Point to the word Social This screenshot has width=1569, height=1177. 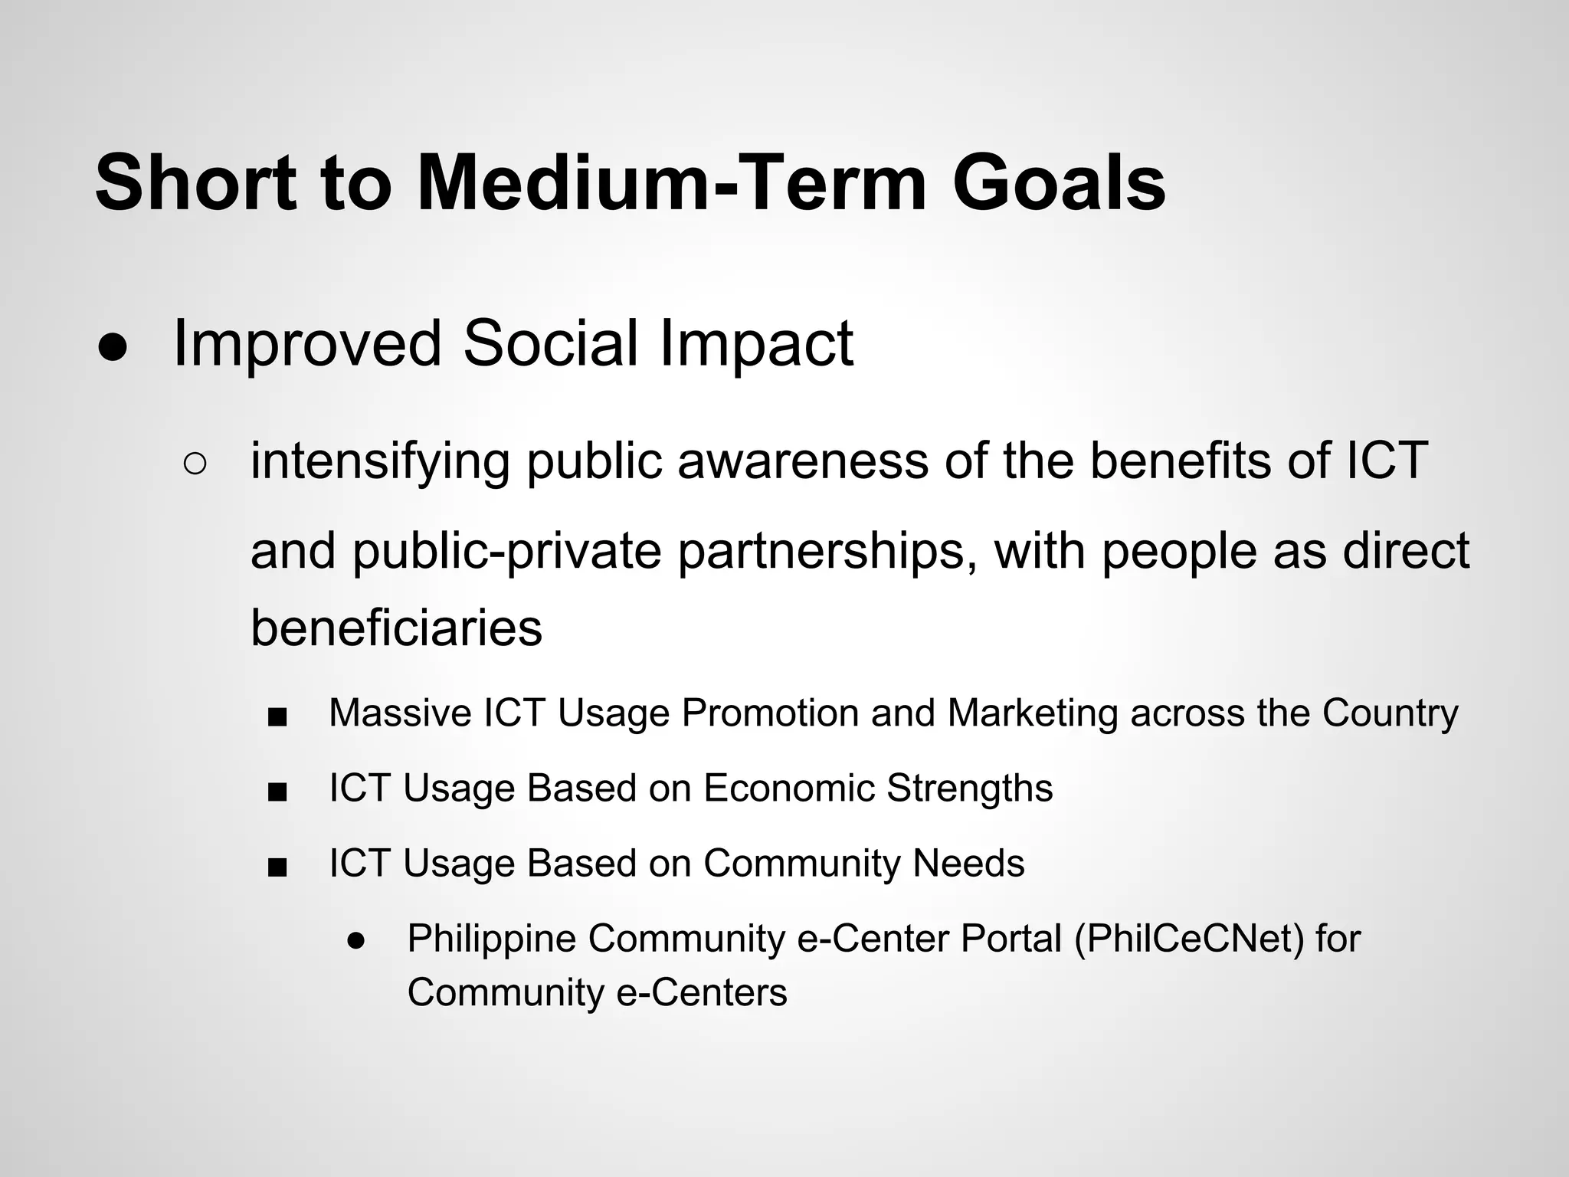coord(549,343)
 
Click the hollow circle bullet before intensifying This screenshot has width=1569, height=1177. coord(195,464)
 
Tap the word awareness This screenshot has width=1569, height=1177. coord(802,461)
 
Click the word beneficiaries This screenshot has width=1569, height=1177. coord(396,627)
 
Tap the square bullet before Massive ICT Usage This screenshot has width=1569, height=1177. coord(277,717)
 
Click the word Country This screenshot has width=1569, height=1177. coord(1390,713)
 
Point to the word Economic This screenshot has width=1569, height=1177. coord(788,788)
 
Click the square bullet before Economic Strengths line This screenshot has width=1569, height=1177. coord(277,792)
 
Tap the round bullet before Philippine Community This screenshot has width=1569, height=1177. coord(355,942)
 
